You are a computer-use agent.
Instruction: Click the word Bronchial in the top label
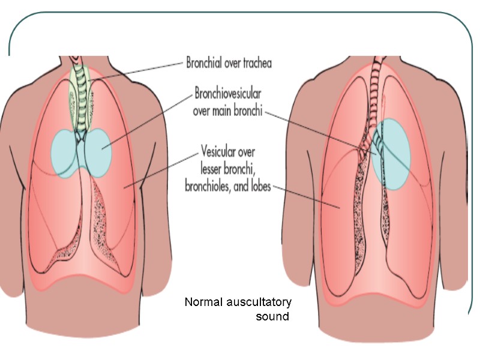[x=205, y=62]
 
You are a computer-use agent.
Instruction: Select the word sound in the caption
[x=272, y=316]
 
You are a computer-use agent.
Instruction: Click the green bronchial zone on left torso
[x=78, y=96]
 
